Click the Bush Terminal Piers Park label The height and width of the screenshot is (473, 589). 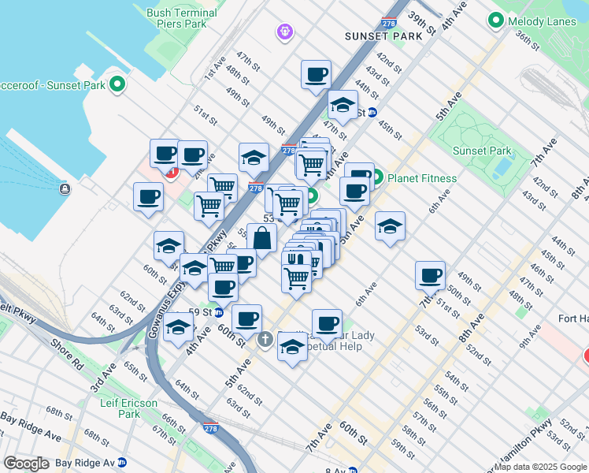tap(182, 19)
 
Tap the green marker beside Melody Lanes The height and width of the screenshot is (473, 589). tap(496, 20)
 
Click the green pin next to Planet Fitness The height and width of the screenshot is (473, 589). tap(377, 177)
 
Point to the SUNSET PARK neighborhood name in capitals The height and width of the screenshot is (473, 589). tap(383, 36)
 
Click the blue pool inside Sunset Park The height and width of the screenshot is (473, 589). tap(499, 169)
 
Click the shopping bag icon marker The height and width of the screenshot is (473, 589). tap(262, 238)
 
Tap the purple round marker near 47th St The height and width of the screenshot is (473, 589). tap(284, 32)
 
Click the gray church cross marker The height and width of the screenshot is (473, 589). tap(265, 339)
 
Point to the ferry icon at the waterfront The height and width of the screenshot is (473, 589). tap(64, 188)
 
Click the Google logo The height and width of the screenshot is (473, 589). tap(26, 463)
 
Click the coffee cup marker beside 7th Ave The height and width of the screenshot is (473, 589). tap(431, 275)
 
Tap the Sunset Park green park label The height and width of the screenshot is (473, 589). tap(483, 151)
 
